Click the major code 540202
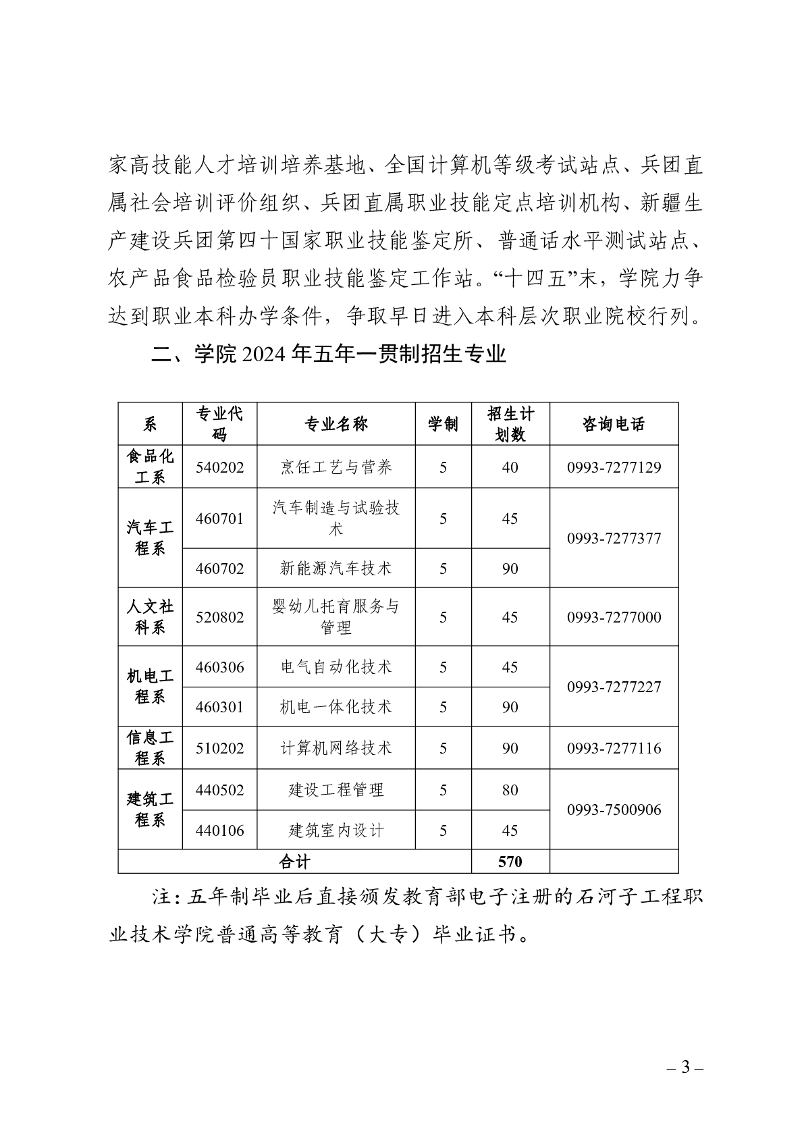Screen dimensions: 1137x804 [219, 467]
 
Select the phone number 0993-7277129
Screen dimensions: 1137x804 [614, 467]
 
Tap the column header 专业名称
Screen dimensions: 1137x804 [336, 424]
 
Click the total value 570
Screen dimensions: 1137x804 [510, 862]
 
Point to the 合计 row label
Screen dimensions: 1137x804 [294, 862]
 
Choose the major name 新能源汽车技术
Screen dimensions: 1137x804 [336, 568]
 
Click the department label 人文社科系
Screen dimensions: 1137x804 [150, 617]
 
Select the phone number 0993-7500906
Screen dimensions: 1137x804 [614, 810]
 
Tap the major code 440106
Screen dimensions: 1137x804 [219, 830]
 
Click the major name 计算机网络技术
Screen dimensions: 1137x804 [336, 748]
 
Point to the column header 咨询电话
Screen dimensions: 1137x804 [614, 424]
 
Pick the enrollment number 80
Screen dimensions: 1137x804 [510, 790]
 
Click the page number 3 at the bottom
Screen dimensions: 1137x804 [685, 1067]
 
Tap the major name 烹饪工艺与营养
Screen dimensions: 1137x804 [336, 467]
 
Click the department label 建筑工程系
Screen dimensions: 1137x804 [150, 810]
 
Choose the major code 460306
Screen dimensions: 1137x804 [219, 667]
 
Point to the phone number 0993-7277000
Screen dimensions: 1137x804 [614, 617]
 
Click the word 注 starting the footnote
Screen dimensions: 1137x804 [161, 897]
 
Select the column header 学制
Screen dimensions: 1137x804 [443, 424]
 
